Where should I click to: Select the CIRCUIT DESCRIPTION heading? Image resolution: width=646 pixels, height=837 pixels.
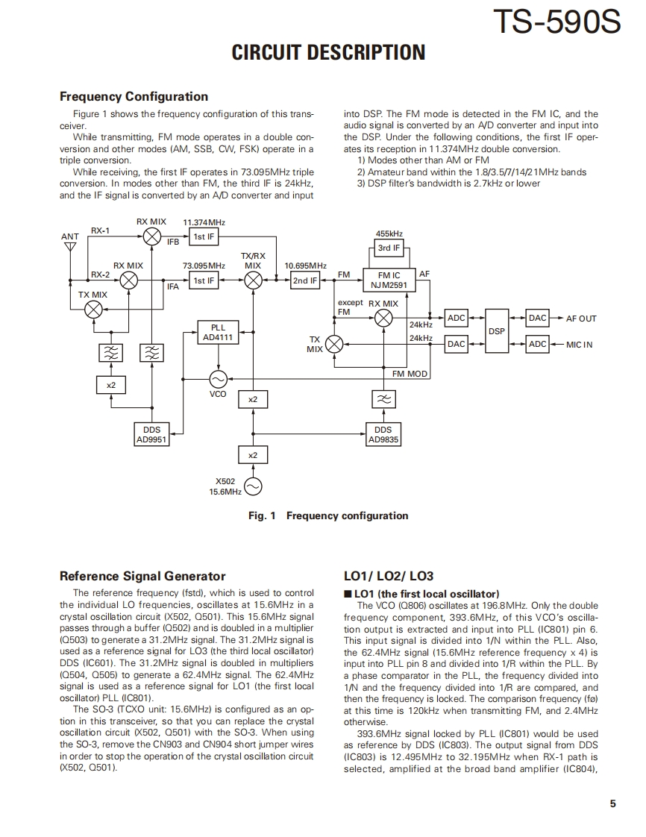click(328, 53)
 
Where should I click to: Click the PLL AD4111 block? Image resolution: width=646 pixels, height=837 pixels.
click(218, 333)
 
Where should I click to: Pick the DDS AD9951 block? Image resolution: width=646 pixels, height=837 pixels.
click(151, 435)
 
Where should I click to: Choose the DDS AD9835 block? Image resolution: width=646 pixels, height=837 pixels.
click(383, 435)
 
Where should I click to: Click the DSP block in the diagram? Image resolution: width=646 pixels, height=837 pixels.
click(496, 330)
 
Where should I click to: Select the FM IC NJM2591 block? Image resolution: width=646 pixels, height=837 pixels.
click(389, 280)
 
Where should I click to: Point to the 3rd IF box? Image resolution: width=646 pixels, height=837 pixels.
click(389, 248)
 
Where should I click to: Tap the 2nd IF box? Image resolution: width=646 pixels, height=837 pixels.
click(304, 280)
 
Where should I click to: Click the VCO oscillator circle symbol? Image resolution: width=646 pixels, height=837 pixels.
click(218, 378)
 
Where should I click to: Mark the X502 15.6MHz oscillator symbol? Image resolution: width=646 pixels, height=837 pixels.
click(253, 487)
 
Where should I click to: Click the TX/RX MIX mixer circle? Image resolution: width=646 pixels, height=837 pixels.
click(253, 280)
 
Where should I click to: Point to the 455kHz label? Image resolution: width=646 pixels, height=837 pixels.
click(389, 233)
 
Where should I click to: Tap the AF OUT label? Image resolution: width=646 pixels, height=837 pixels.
click(581, 319)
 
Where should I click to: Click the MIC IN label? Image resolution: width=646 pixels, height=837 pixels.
click(580, 345)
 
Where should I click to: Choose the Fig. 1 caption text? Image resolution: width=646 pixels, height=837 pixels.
click(328, 515)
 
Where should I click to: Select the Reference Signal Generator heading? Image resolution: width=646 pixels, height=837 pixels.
click(142, 576)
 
